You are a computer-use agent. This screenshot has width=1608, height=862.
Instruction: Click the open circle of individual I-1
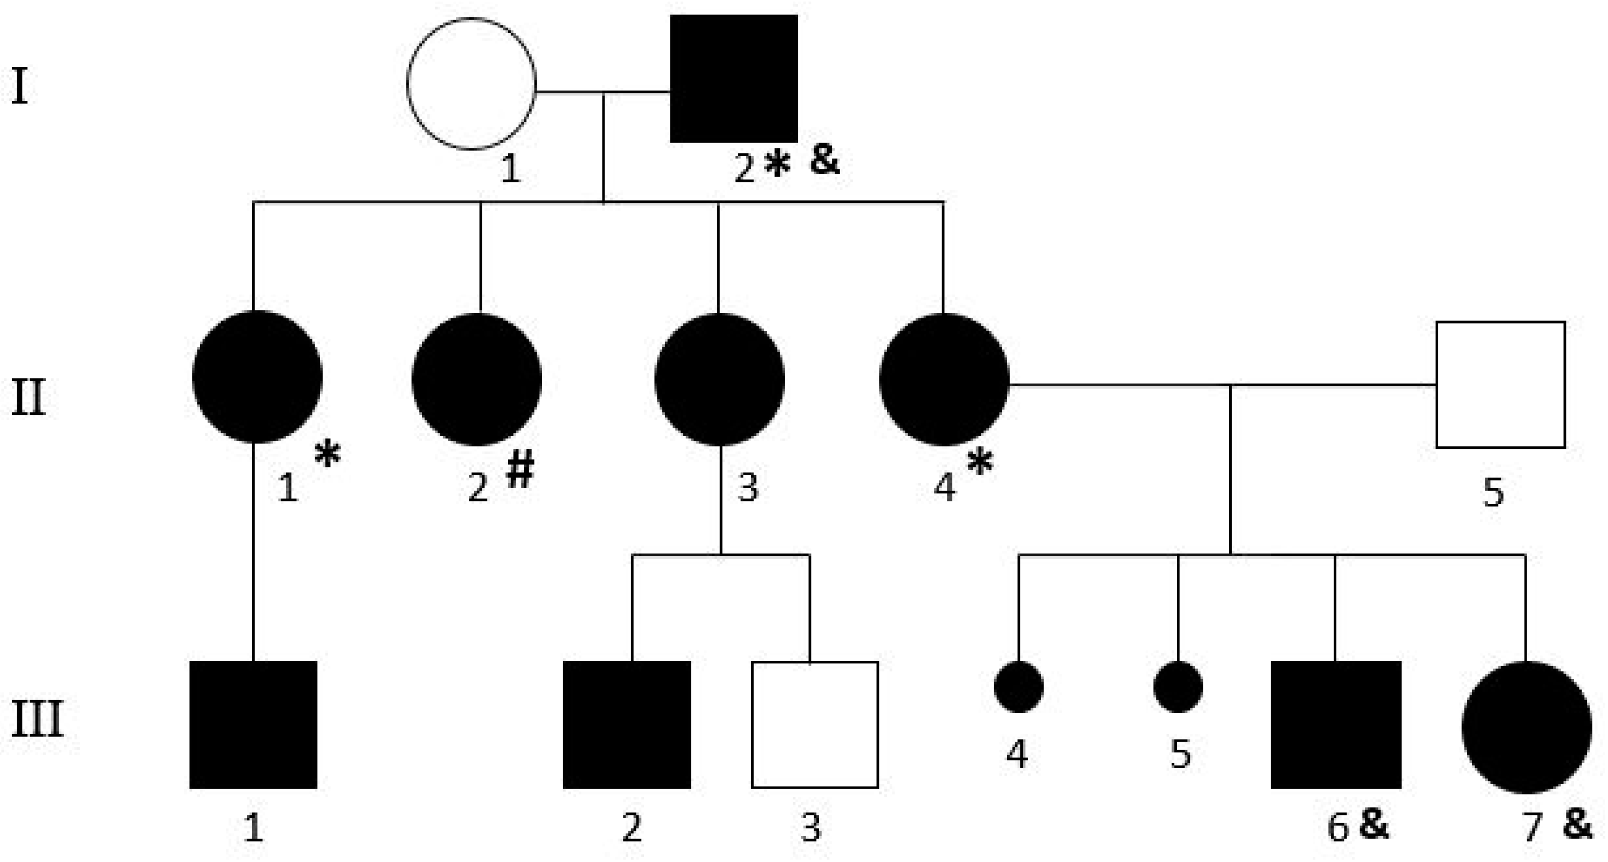(472, 84)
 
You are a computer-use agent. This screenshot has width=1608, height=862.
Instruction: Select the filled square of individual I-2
(733, 79)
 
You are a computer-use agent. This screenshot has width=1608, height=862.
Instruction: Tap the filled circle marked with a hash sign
(477, 380)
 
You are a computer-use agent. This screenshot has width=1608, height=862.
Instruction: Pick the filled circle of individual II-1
(257, 377)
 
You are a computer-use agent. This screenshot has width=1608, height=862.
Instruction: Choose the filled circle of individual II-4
(944, 380)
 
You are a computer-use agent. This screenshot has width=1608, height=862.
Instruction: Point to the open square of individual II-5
(1500, 385)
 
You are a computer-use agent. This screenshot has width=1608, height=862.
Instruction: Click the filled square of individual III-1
(253, 724)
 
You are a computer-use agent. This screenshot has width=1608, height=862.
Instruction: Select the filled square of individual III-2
(627, 724)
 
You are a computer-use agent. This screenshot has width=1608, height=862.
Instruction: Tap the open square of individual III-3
(815, 724)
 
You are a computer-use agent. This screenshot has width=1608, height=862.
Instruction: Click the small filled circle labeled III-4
(1018, 687)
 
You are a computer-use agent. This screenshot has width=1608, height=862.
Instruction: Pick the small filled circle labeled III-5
(1178, 687)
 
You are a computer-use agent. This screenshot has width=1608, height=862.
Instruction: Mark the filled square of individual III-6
(1336, 724)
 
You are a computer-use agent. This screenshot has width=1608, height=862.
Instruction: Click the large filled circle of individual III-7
(1526, 727)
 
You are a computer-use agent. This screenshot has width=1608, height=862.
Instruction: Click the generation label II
(29, 398)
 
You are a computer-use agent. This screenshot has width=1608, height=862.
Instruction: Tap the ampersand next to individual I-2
(824, 159)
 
